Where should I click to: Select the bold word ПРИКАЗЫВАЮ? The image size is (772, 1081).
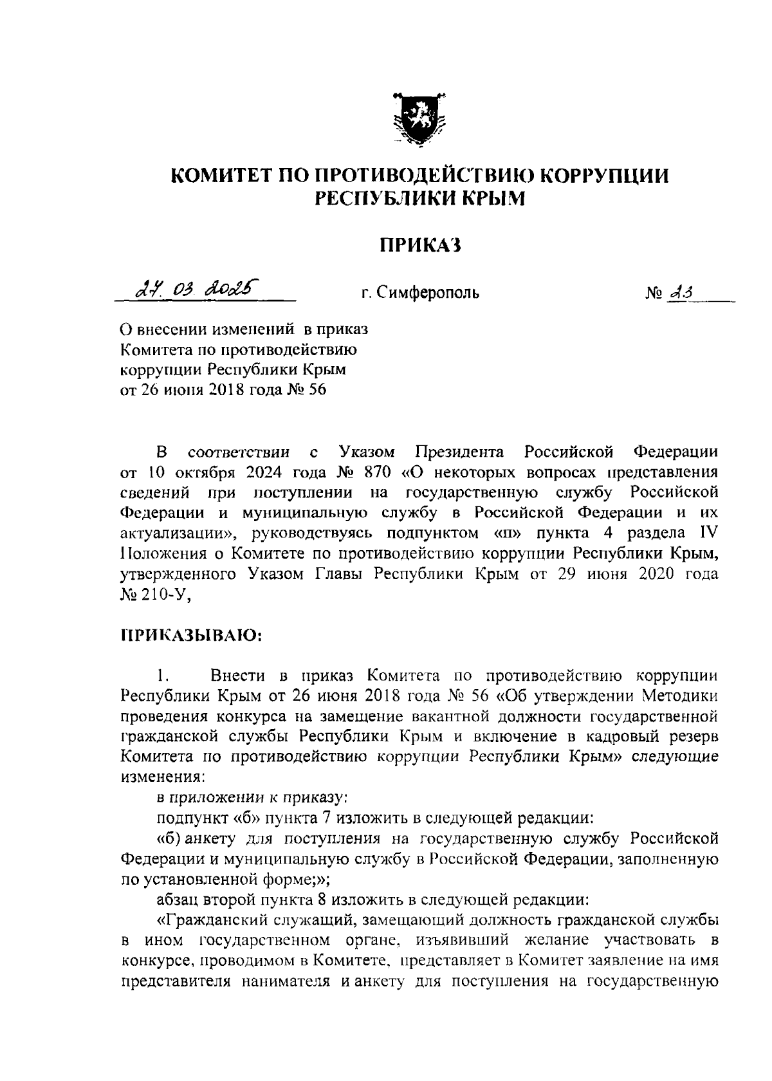coord(191,636)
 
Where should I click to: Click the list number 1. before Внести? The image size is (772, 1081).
coord(162,676)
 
